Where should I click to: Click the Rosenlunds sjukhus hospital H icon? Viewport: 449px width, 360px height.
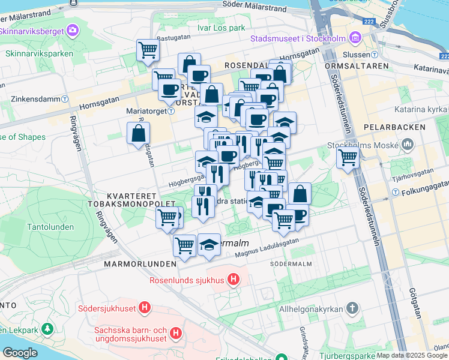pyautogui.click(x=234, y=280)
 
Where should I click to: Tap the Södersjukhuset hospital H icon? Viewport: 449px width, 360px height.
pyautogui.click(x=144, y=308)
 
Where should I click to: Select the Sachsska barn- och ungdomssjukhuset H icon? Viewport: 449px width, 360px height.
pyautogui.click(x=175, y=332)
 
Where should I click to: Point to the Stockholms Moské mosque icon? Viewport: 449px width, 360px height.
pyautogui.click(x=408, y=144)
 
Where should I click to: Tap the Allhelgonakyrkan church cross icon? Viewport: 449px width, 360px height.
pyautogui.click(x=352, y=308)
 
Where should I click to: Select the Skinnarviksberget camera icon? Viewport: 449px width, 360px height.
pyautogui.click(x=73, y=29)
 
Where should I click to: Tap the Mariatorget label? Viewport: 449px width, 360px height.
pyautogui.click(x=145, y=111)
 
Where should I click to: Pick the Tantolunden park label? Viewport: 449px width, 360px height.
pyautogui.click(x=50, y=227)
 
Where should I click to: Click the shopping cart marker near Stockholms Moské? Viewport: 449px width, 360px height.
pyautogui.click(x=348, y=158)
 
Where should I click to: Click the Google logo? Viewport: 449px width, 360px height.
pyautogui.click(x=20, y=352)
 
